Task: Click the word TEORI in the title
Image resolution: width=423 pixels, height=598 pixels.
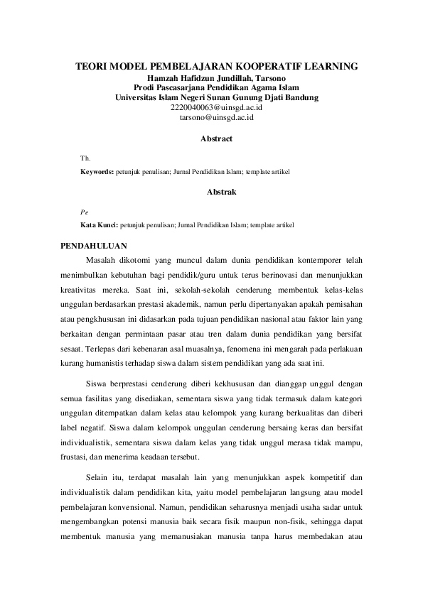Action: pos(92,67)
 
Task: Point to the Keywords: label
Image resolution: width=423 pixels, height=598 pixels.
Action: pos(97,172)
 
